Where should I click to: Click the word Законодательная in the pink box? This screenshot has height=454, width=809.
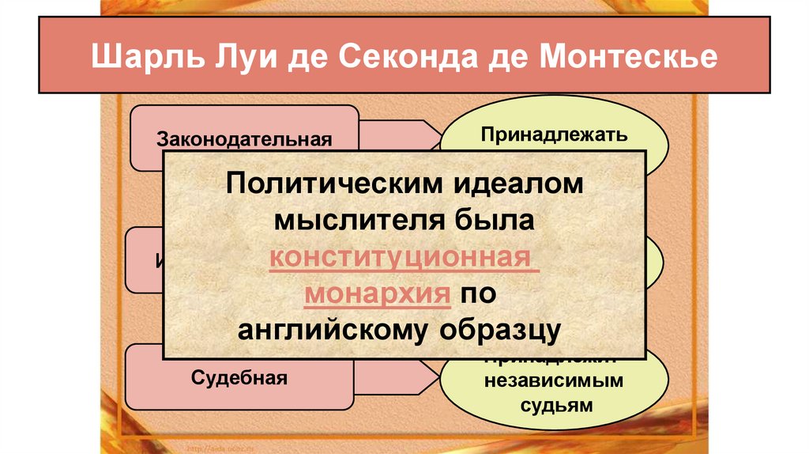pos(243,140)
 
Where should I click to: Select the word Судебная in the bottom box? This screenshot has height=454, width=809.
pos(239,376)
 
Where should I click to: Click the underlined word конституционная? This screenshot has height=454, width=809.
pos(404,258)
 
